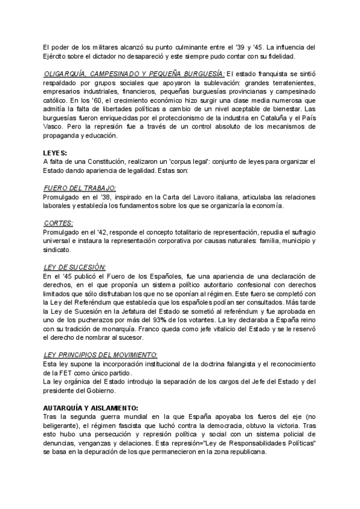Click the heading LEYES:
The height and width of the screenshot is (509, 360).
click(x=55, y=153)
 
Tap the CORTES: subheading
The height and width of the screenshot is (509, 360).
click(x=59, y=222)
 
